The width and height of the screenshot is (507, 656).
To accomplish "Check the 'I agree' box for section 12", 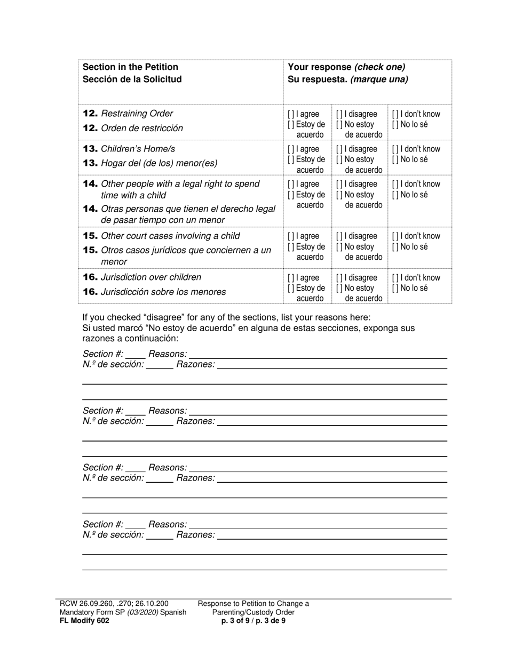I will pyautogui.click(x=291, y=114).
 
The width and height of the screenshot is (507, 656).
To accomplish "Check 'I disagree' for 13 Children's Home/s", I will pyautogui.click(x=339, y=149).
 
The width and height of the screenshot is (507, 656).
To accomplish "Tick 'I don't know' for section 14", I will pyautogui.click(x=395, y=185).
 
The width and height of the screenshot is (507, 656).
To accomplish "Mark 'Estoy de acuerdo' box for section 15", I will pyautogui.click(x=291, y=247).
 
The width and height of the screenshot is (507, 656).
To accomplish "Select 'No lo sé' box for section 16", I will pyautogui.click(x=395, y=289).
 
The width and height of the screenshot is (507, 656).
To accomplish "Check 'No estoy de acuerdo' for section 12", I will pyautogui.click(x=339, y=125).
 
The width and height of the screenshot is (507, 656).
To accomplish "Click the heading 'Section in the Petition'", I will pyautogui.click(x=131, y=67).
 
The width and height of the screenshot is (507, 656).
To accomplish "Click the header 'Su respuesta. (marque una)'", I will pyautogui.click(x=348, y=79).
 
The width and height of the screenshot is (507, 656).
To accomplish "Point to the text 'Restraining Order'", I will pyautogui.click(x=137, y=114).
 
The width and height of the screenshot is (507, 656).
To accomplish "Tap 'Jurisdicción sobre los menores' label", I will pyautogui.click(x=163, y=292).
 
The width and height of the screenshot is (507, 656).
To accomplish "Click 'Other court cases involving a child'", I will pyautogui.click(x=170, y=236).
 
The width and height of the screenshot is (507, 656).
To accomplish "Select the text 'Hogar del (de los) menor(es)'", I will pyautogui.click(x=159, y=163).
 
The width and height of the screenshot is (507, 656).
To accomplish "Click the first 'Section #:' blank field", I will pyautogui.click(x=136, y=354).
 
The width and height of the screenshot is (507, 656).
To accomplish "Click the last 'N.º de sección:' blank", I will pyautogui.click(x=160, y=535).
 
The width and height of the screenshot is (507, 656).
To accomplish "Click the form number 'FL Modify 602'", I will pyautogui.click(x=84, y=621).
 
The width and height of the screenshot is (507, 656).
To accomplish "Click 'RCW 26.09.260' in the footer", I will pyautogui.click(x=85, y=604).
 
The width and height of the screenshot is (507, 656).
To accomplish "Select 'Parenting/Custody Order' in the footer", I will pyautogui.click(x=253, y=612).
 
